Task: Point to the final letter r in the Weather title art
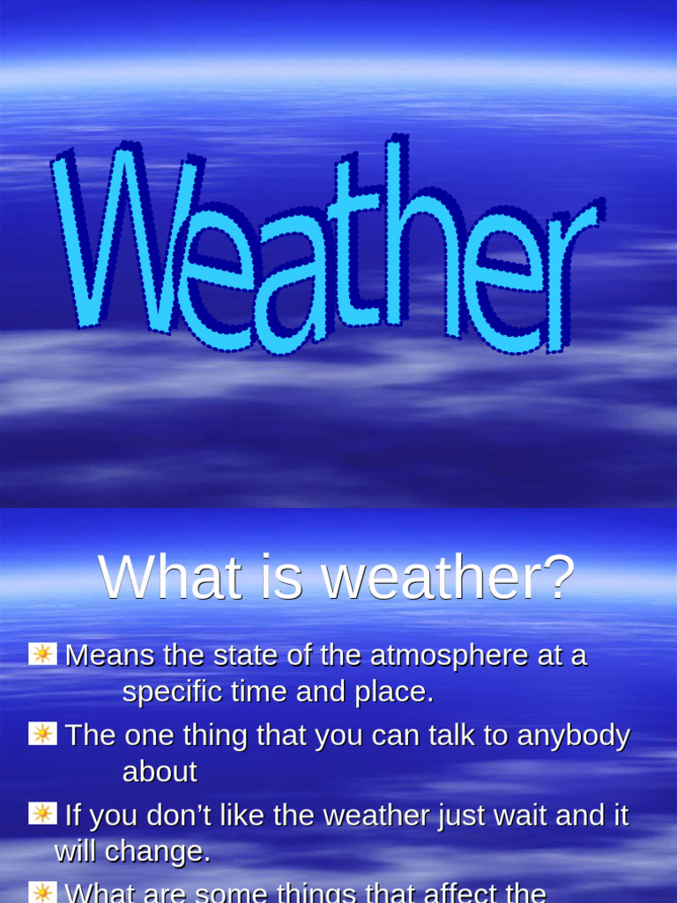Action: pos(569,273)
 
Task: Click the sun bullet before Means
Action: pos(42,654)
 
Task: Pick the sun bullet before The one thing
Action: pos(42,734)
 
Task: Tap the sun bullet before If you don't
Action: pos(42,813)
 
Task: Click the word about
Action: pos(160,772)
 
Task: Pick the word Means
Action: pos(108,656)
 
